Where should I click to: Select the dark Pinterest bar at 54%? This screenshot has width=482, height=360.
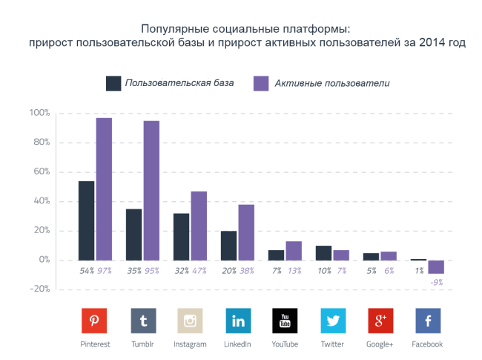pos(86,220)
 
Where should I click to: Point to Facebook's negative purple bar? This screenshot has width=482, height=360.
pos(436,267)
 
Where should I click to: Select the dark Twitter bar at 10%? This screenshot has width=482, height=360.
pos(323,253)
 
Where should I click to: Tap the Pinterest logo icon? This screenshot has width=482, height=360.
pos(95,321)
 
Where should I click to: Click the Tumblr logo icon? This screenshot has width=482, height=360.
pos(143,321)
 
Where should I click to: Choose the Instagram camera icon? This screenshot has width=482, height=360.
pos(191,321)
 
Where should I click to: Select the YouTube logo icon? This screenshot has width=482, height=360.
pos(285,321)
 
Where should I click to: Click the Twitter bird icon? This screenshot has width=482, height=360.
pos(333,321)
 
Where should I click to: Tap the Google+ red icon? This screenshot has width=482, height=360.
pos(380,321)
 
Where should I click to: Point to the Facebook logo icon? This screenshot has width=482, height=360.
pos(428,321)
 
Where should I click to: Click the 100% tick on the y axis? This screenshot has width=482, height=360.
pos(39,113)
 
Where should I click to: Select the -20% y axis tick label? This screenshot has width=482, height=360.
pos(39,289)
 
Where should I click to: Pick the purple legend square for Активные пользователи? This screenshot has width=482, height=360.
pos(261,83)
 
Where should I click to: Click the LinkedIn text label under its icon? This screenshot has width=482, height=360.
pos(238,344)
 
